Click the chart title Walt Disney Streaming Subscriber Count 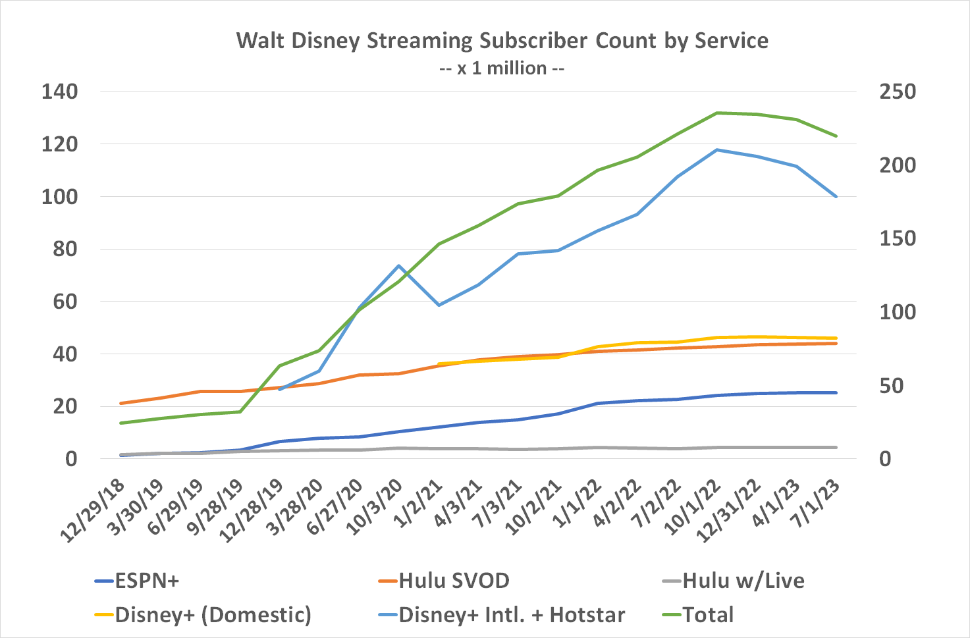tap(502, 41)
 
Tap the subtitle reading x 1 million tap(502, 68)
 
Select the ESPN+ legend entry tap(146, 581)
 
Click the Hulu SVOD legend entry tap(454, 581)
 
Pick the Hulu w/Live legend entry tap(743, 581)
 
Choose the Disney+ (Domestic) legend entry tap(213, 615)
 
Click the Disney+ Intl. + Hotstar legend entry tap(511, 615)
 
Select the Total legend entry tap(708, 615)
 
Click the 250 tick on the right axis tap(897, 92)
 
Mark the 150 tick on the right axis tap(897, 238)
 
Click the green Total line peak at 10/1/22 tap(716, 113)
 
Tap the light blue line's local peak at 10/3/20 tap(399, 265)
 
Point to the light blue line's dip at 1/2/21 tap(439, 306)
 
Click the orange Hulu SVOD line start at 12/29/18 tap(121, 403)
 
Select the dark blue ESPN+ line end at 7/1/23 tap(836, 392)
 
